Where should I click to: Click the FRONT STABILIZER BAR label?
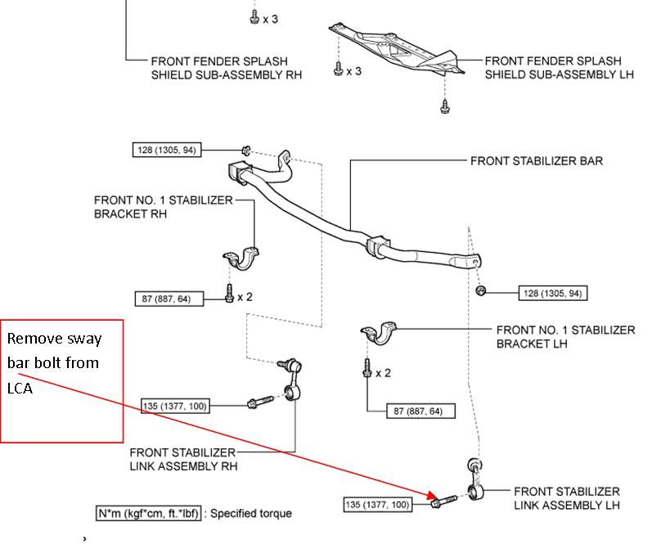(x=536, y=161)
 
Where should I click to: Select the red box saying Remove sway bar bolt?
(x=61, y=380)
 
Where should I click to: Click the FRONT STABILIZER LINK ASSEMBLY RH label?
(x=183, y=459)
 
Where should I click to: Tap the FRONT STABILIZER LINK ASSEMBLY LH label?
(x=566, y=498)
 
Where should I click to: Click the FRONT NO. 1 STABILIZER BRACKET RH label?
(x=163, y=206)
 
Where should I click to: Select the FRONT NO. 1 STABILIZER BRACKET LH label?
(x=565, y=336)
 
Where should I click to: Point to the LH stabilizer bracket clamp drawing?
(x=378, y=335)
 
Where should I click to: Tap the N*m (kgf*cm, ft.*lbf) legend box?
(x=147, y=514)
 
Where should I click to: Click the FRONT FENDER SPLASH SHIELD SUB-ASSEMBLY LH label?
(x=553, y=67)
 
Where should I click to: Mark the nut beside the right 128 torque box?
(x=481, y=291)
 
